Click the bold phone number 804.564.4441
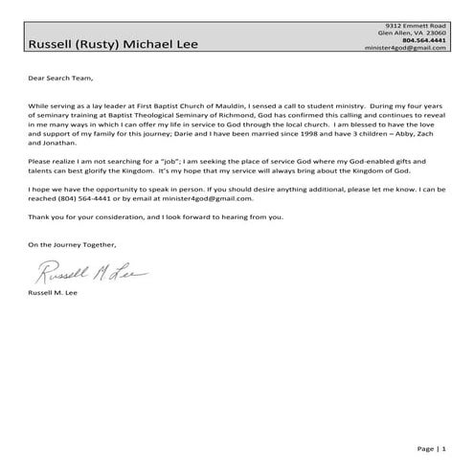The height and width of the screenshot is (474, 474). click(425, 40)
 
